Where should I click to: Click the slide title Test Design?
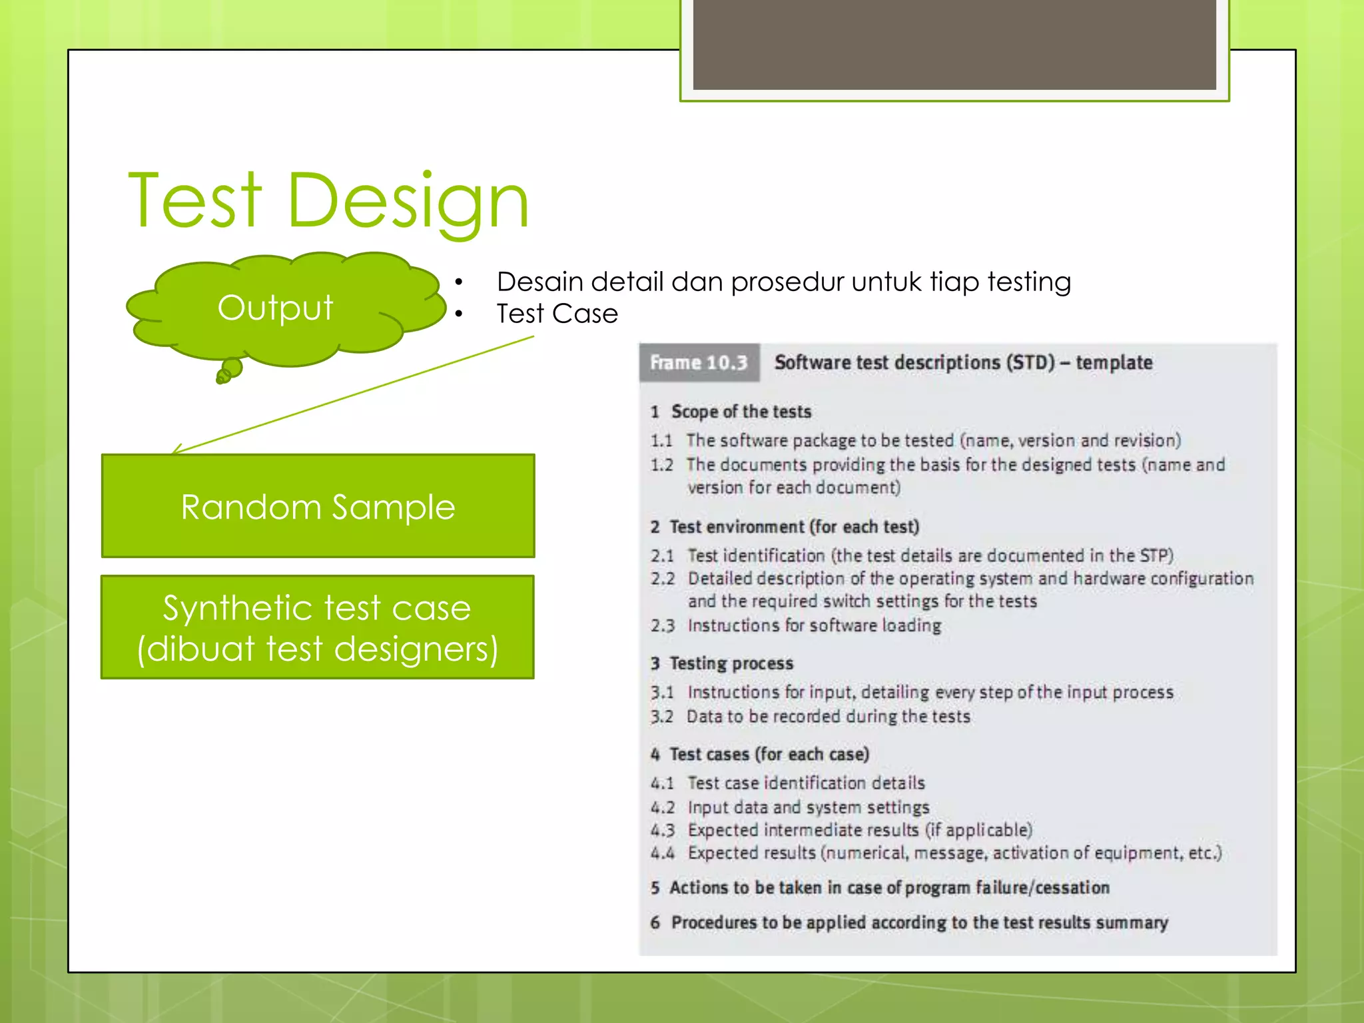328,200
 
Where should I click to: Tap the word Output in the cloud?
275,308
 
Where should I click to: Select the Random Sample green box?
318,506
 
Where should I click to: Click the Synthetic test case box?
318,627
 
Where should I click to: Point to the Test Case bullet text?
557,314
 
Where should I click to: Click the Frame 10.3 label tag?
699,363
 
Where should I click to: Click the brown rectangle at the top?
954,44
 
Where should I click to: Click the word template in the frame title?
1114,363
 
